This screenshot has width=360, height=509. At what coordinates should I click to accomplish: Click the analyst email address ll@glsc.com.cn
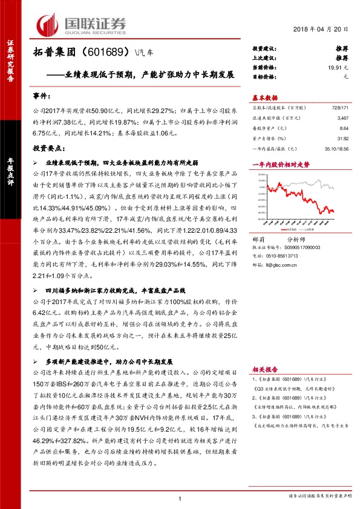287,264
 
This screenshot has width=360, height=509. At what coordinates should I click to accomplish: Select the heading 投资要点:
48,148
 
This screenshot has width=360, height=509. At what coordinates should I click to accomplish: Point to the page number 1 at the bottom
180,498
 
